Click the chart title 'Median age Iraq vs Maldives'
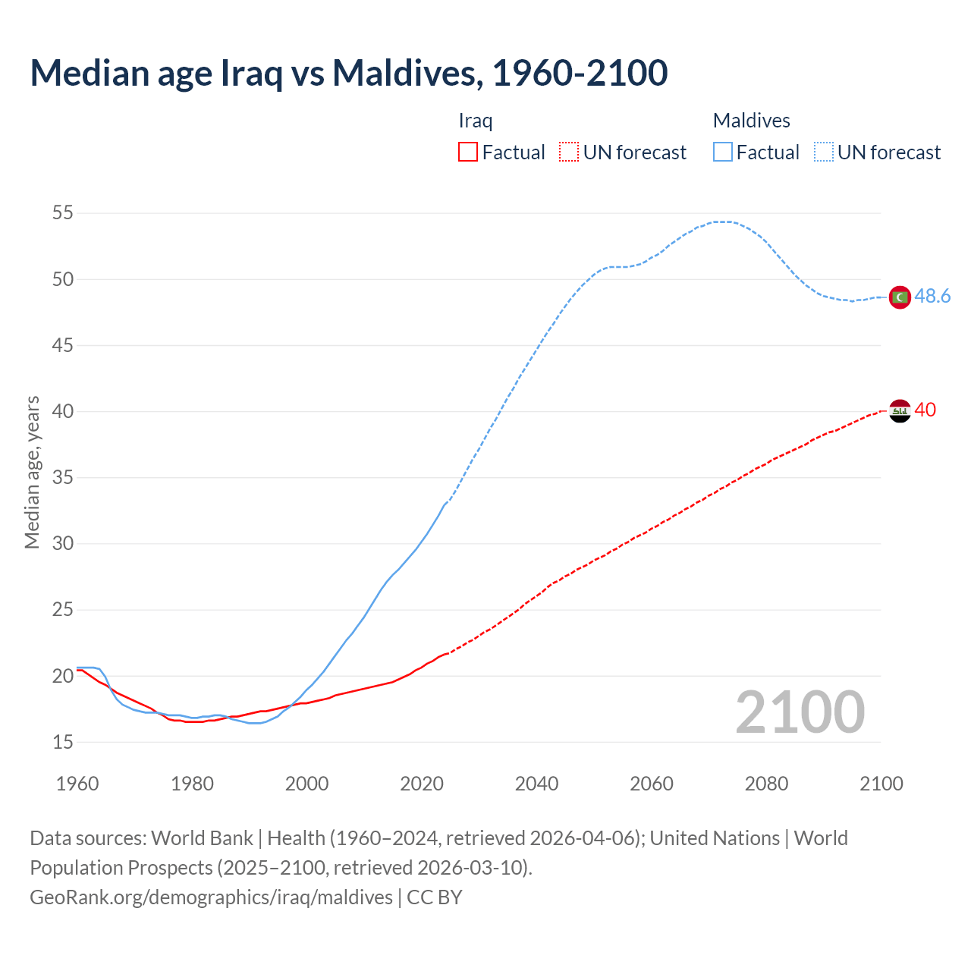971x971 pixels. [348, 73]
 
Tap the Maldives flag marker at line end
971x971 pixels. [900, 297]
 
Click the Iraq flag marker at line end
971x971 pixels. [900, 411]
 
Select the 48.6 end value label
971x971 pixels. [932, 297]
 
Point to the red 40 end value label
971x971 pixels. [925, 410]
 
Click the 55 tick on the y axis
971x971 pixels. [63, 213]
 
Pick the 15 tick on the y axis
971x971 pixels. [63, 742]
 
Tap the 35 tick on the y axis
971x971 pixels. [63, 478]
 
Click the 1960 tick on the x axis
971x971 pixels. [77, 784]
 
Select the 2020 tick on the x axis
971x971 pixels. [422, 784]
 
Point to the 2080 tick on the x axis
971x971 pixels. [766, 784]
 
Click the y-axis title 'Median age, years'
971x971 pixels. [33, 472]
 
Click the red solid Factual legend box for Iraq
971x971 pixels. [468, 152]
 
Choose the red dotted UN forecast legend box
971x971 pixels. [569, 152]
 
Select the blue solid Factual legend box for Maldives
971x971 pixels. [723, 152]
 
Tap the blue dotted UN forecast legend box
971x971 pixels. [824, 152]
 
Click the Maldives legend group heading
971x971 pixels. [751, 121]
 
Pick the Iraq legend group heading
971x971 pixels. [476, 121]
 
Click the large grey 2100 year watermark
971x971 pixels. [800, 712]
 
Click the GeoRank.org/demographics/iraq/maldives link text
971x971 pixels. [211, 897]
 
